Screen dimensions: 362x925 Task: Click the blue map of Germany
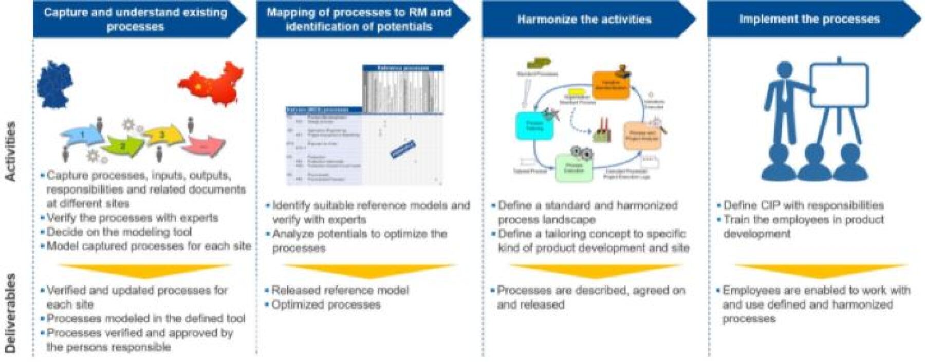54,85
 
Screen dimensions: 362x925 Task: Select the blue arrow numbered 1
82,135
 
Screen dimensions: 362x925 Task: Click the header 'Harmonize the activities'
584,20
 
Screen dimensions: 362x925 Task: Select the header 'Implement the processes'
809,20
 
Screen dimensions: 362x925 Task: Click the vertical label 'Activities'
10,151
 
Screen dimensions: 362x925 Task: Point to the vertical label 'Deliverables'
10,313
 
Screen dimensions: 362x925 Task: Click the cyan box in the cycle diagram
534,126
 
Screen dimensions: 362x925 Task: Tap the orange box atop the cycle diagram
610,85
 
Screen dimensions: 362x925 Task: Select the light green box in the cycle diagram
573,168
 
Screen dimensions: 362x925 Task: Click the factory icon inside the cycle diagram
603,130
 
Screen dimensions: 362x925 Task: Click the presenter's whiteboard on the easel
839,85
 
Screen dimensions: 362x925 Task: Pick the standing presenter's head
785,70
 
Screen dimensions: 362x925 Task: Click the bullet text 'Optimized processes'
326,304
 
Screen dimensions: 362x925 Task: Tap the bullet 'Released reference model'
340,290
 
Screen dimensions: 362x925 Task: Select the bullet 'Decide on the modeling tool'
119,232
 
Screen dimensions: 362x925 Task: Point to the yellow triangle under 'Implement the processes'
821,271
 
